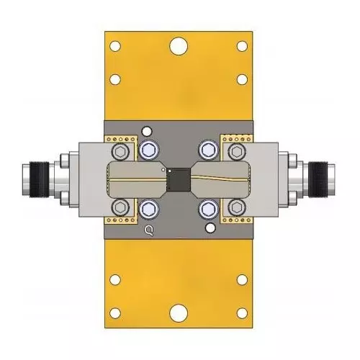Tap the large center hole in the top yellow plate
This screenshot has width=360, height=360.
(x=178, y=48)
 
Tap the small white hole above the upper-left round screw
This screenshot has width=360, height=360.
(x=148, y=131)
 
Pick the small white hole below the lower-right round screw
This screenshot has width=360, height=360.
(x=210, y=229)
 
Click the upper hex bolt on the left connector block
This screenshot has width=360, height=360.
(x=118, y=151)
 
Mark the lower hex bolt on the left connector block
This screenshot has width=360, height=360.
(x=118, y=208)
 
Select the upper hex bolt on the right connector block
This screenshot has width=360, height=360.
(x=238, y=151)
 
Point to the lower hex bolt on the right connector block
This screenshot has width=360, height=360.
(x=238, y=208)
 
